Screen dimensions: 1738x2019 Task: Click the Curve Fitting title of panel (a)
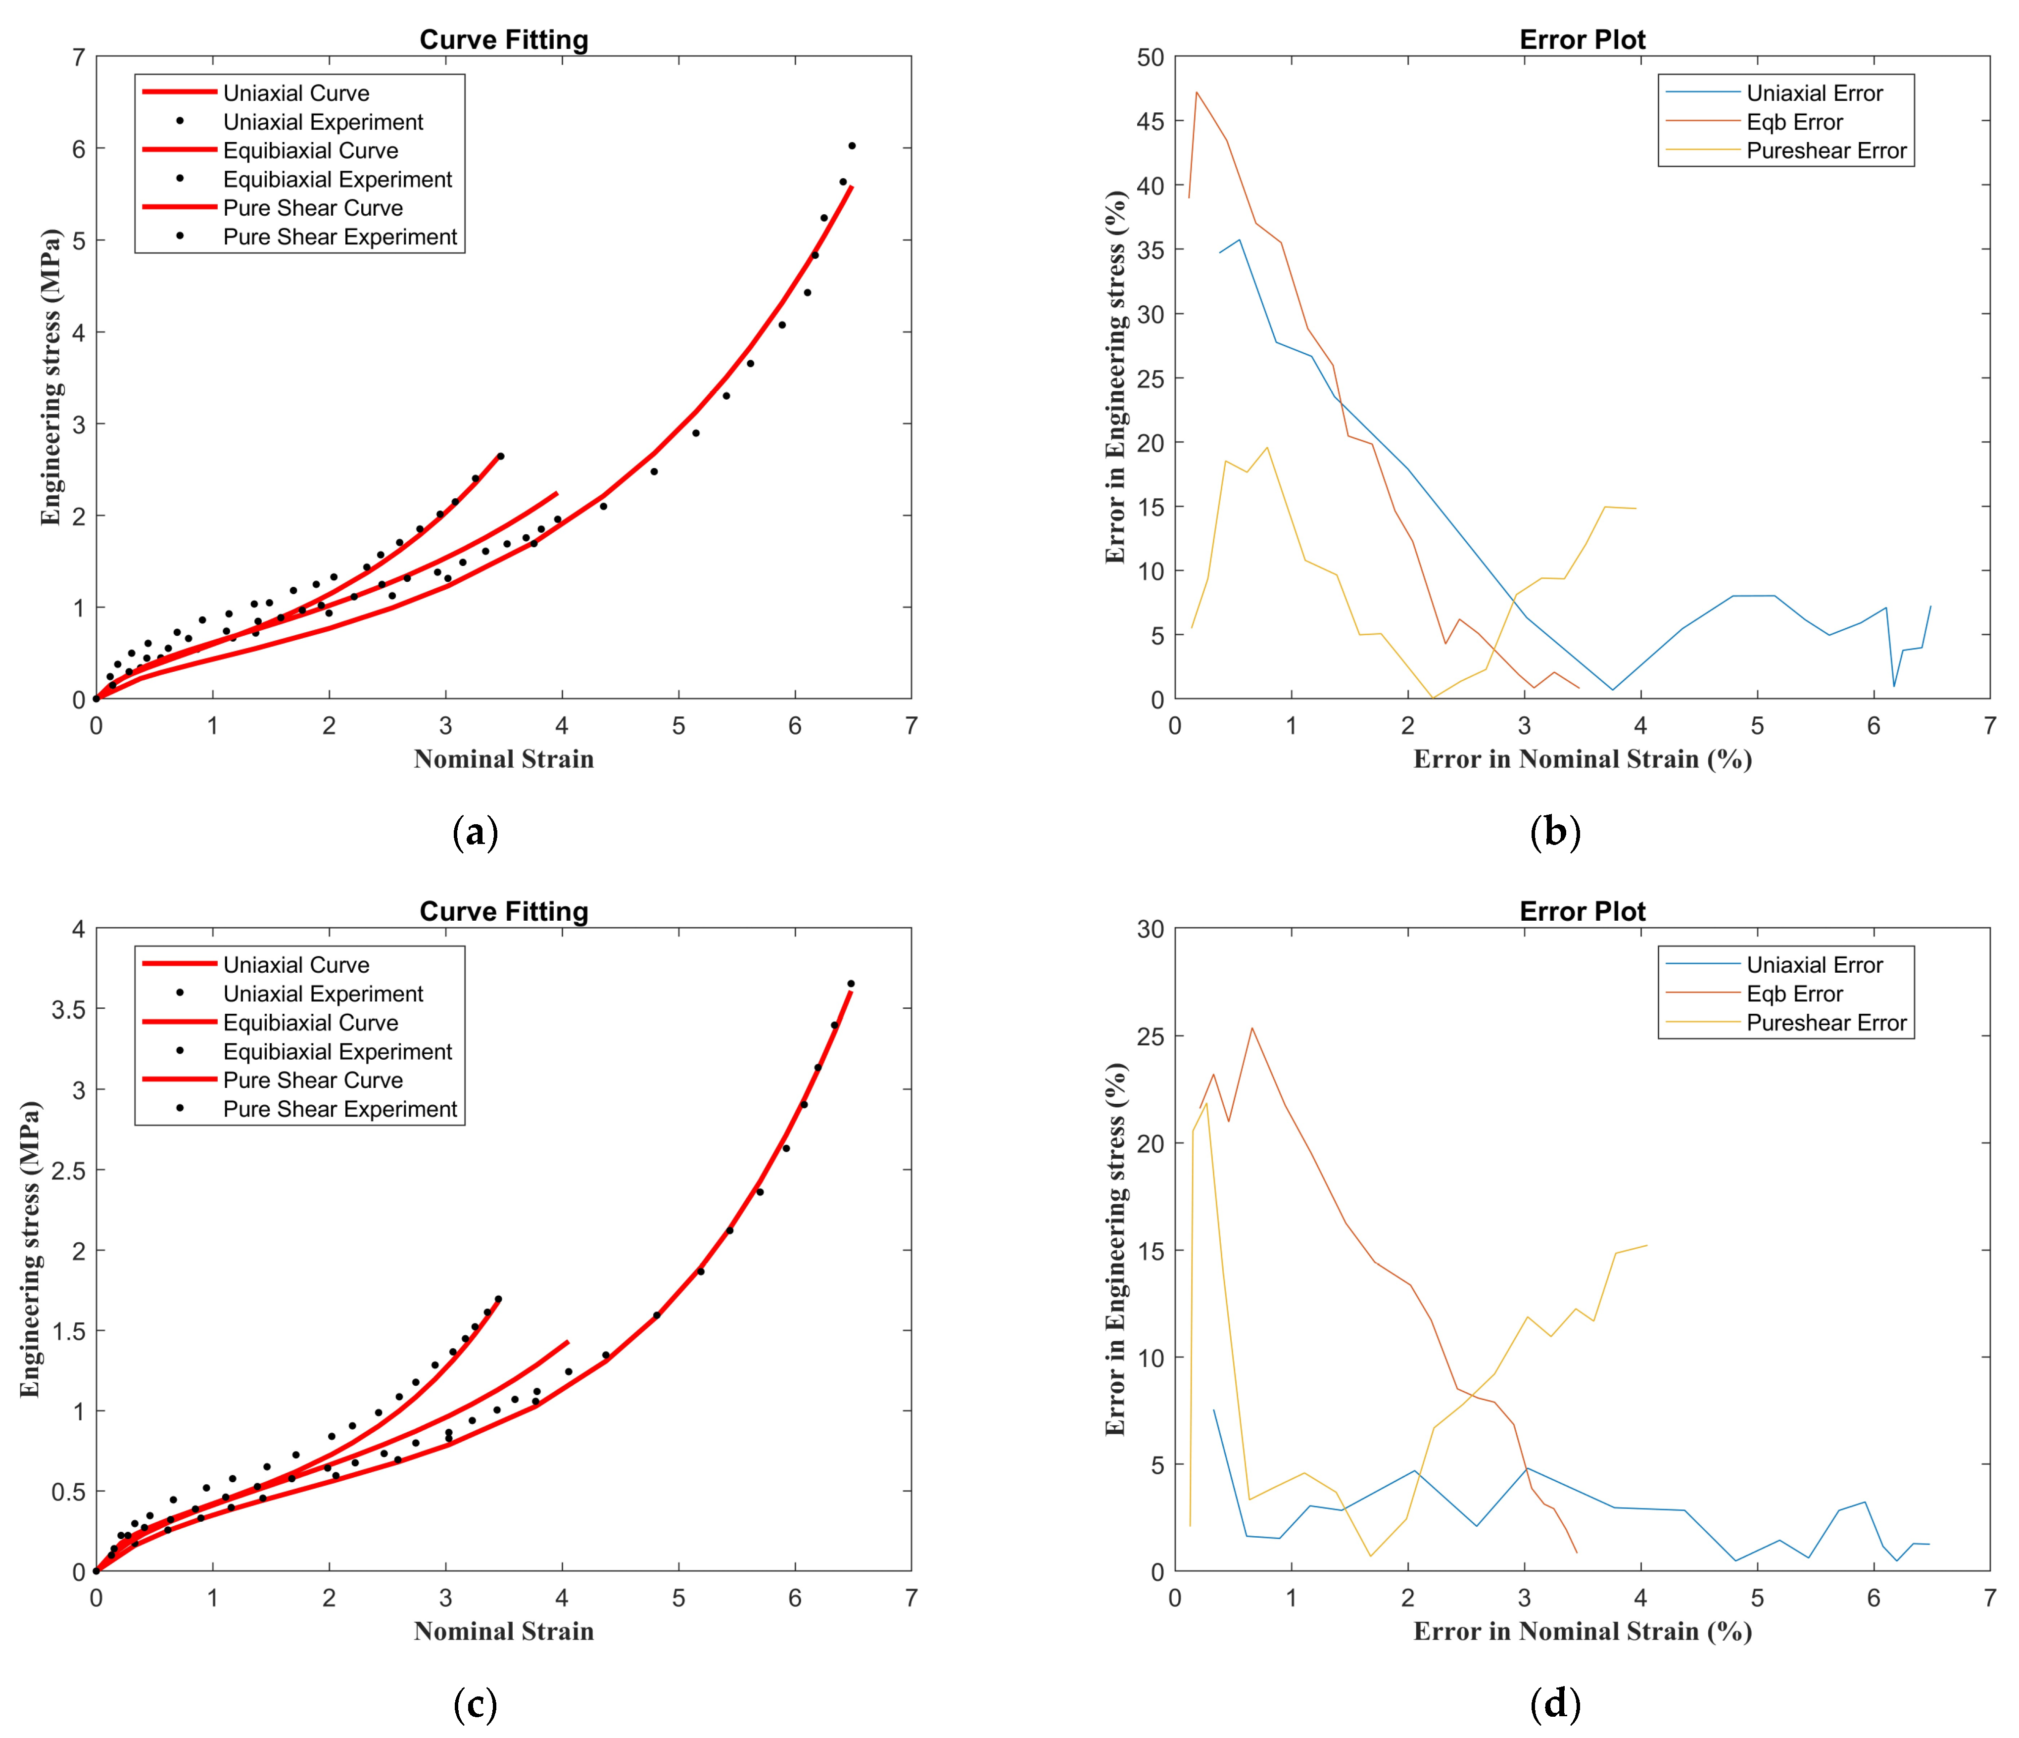pyautogui.click(x=504, y=40)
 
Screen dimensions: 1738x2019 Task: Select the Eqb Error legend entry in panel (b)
pyautogui.click(x=1794, y=122)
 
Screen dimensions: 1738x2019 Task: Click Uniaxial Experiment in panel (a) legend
pyautogui.click(x=323, y=122)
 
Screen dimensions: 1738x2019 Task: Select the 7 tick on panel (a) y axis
pyautogui.click(x=78, y=57)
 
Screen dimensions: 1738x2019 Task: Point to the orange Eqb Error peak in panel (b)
pyautogui.click(x=1197, y=93)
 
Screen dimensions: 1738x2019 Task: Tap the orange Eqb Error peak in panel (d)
pyautogui.click(x=1252, y=1028)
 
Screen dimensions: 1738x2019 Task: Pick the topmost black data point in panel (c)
pyautogui.click(x=851, y=984)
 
